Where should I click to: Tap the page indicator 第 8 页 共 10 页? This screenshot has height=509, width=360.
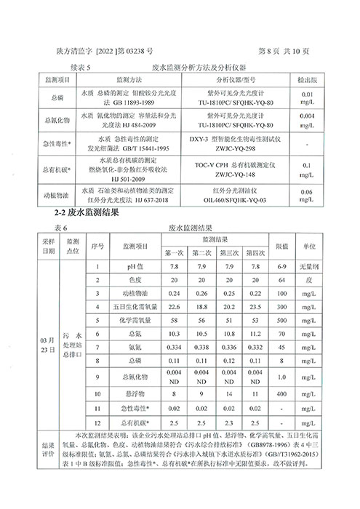click(284, 52)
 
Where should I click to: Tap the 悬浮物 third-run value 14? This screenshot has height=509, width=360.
click(227, 393)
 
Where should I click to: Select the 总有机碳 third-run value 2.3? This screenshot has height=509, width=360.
click(227, 422)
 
